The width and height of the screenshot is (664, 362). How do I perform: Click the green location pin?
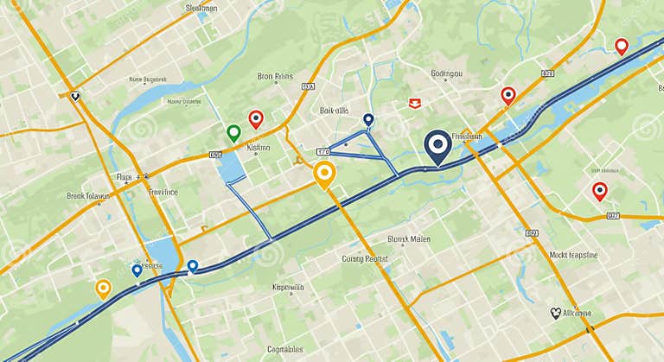[x=233, y=132]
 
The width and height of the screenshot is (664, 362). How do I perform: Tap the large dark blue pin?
[x=438, y=145]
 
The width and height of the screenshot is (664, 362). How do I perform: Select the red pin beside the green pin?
[x=255, y=118]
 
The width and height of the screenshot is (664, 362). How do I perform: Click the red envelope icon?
[x=414, y=102]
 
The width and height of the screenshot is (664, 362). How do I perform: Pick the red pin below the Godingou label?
[x=508, y=94]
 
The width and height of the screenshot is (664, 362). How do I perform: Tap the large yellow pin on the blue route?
[x=323, y=175]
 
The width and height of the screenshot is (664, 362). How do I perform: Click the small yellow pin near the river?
[x=103, y=288]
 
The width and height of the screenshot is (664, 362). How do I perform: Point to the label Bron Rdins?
[x=277, y=76]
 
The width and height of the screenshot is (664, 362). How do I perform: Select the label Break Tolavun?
[x=89, y=196]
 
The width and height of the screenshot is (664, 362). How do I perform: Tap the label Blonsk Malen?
[x=409, y=238]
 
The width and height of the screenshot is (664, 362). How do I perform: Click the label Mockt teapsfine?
[x=586, y=255]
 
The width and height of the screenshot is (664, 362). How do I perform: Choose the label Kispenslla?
[x=288, y=287]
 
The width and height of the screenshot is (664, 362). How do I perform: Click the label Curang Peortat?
[x=366, y=257]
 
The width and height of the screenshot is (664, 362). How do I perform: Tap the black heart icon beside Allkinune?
[x=555, y=313]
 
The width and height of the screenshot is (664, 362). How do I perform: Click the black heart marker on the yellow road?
[x=76, y=97]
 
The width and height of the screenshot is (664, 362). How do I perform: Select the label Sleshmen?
[x=189, y=8]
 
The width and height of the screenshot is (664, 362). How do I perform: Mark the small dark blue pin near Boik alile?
[x=368, y=119]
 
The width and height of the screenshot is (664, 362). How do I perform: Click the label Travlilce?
[x=163, y=192]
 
